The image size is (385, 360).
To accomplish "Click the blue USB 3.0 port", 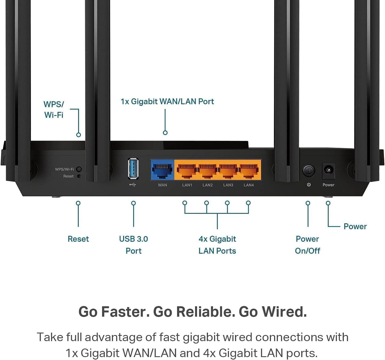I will click(133, 169).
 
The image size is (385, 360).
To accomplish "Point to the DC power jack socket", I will click(328, 170).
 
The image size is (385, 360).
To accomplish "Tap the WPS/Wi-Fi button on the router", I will click(79, 169).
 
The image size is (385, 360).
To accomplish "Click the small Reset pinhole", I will click(79, 176).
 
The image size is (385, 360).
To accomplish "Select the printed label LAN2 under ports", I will click(208, 185).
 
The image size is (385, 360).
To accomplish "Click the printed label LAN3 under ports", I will click(228, 185).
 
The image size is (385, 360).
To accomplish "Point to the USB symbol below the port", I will click(133, 185).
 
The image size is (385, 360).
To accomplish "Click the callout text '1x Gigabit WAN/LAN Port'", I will click(167, 102).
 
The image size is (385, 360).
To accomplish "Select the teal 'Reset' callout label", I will click(78, 239).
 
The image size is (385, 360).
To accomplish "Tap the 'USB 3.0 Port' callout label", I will click(133, 245).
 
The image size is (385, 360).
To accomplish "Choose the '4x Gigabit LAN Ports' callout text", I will click(217, 245).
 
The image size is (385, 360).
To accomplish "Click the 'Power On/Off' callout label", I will click(307, 245).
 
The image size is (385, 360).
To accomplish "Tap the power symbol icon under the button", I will click(309, 185).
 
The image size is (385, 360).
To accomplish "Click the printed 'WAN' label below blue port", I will click(162, 185).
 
